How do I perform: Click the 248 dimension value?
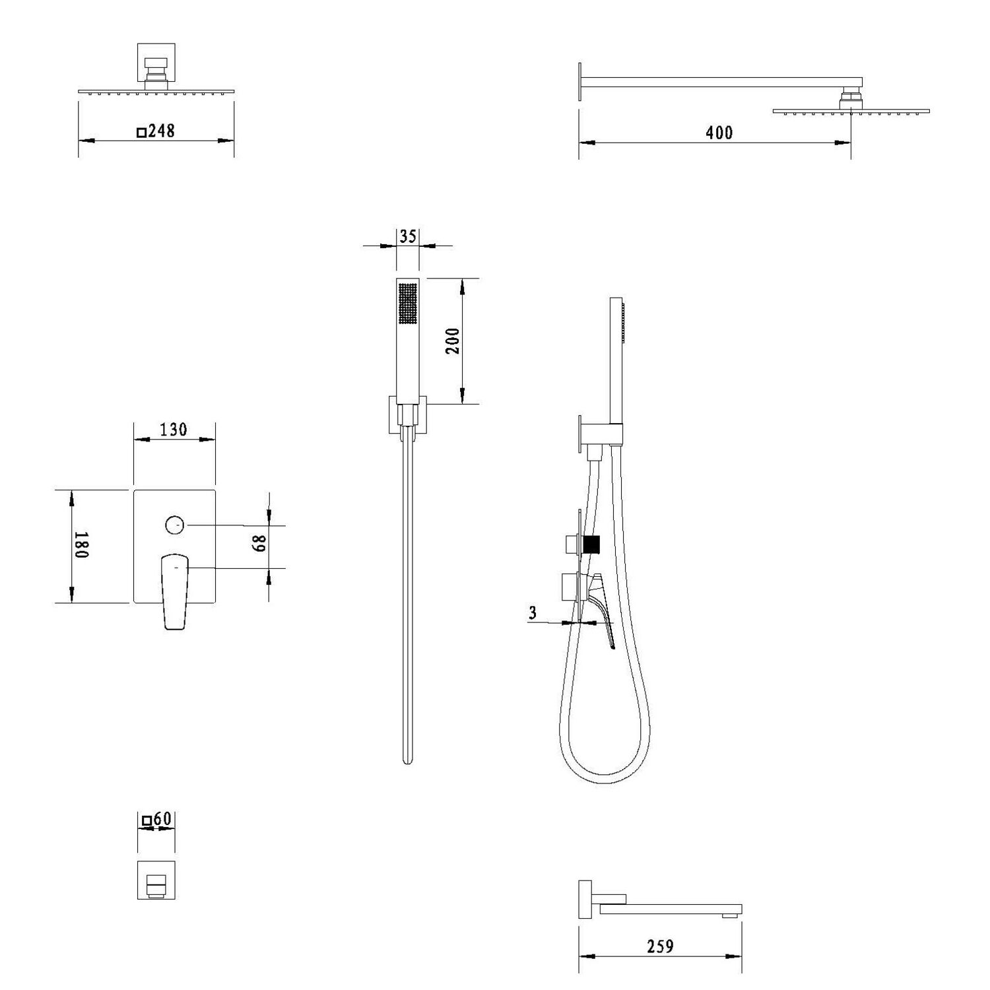point(161,131)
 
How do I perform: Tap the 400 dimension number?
point(719,133)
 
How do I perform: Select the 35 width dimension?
point(408,236)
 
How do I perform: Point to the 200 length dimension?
point(452,341)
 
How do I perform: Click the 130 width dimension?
point(174,430)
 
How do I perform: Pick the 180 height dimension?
point(81,545)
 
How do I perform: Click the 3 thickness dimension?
point(533,612)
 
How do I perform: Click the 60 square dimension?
point(162,819)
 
